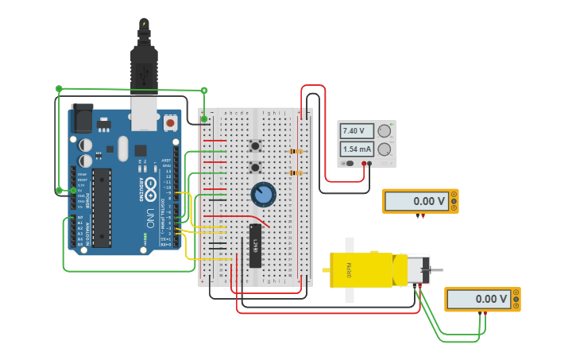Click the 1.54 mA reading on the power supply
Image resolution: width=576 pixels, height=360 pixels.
(357, 149)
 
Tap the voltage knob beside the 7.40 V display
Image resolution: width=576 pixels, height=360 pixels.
(385, 131)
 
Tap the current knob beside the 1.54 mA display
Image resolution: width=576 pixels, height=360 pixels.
(385, 149)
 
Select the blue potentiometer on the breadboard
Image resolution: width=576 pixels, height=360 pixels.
(262, 194)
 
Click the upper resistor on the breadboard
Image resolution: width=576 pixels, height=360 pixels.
(295, 151)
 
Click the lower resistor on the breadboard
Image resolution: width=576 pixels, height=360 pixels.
(295, 172)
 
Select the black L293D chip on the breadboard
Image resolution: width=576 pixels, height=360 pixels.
(255, 246)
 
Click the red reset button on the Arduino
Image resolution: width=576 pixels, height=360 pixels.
(170, 124)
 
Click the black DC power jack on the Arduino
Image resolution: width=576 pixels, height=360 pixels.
(82, 118)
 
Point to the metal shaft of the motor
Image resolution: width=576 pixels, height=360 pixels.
(436, 270)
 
